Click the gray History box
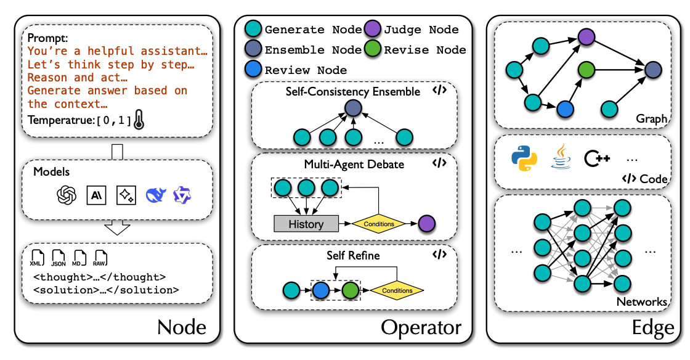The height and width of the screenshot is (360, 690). (306, 224)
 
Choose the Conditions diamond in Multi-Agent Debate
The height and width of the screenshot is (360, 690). (379, 224)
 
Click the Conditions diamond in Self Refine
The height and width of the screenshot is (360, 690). (397, 290)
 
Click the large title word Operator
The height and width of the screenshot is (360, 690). (421, 327)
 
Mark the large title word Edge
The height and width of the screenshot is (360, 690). (653, 327)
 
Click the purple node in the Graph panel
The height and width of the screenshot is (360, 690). (586, 38)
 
